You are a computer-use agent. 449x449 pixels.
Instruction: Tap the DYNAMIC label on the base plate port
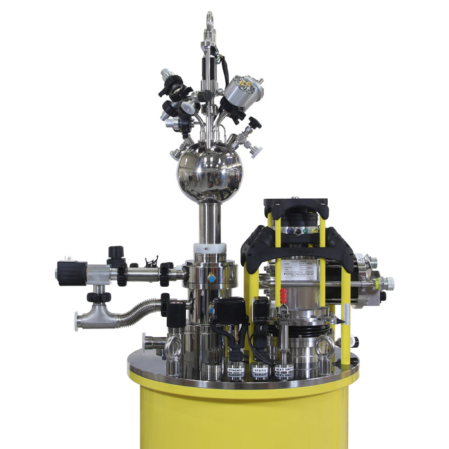(x=236, y=373)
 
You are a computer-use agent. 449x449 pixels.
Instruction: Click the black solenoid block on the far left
(x=71, y=273)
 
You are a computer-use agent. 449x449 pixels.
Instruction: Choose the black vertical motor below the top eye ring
(x=210, y=58)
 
